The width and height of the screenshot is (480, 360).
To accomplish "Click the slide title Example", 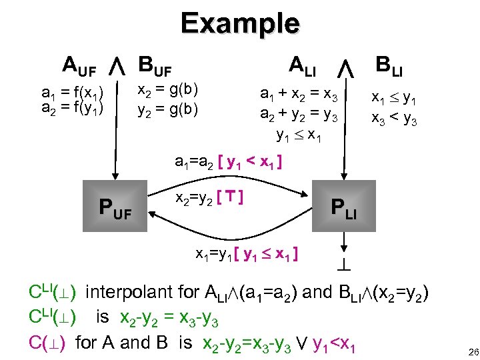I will pyautogui.click(x=240, y=23).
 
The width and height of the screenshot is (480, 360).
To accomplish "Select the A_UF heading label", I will pyautogui.click(x=79, y=66).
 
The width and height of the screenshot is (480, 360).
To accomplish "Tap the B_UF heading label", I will pyautogui.click(x=155, y=66).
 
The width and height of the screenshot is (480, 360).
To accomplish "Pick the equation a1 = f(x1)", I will pyautogui.click(x=72, y=92).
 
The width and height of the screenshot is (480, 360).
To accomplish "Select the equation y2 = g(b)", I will pyautogui.click(x=167, y=107).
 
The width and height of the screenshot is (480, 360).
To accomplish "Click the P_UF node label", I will pyautogui.click(x=115, y=211).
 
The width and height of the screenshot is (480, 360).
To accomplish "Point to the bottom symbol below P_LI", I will pyautogui.click(x=344, y=264).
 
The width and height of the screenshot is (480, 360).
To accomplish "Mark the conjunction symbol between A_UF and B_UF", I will pyautogui.click(x=117, y=66).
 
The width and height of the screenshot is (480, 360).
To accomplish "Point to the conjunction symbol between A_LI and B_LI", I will pyautogui.click(x=345, y=67).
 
